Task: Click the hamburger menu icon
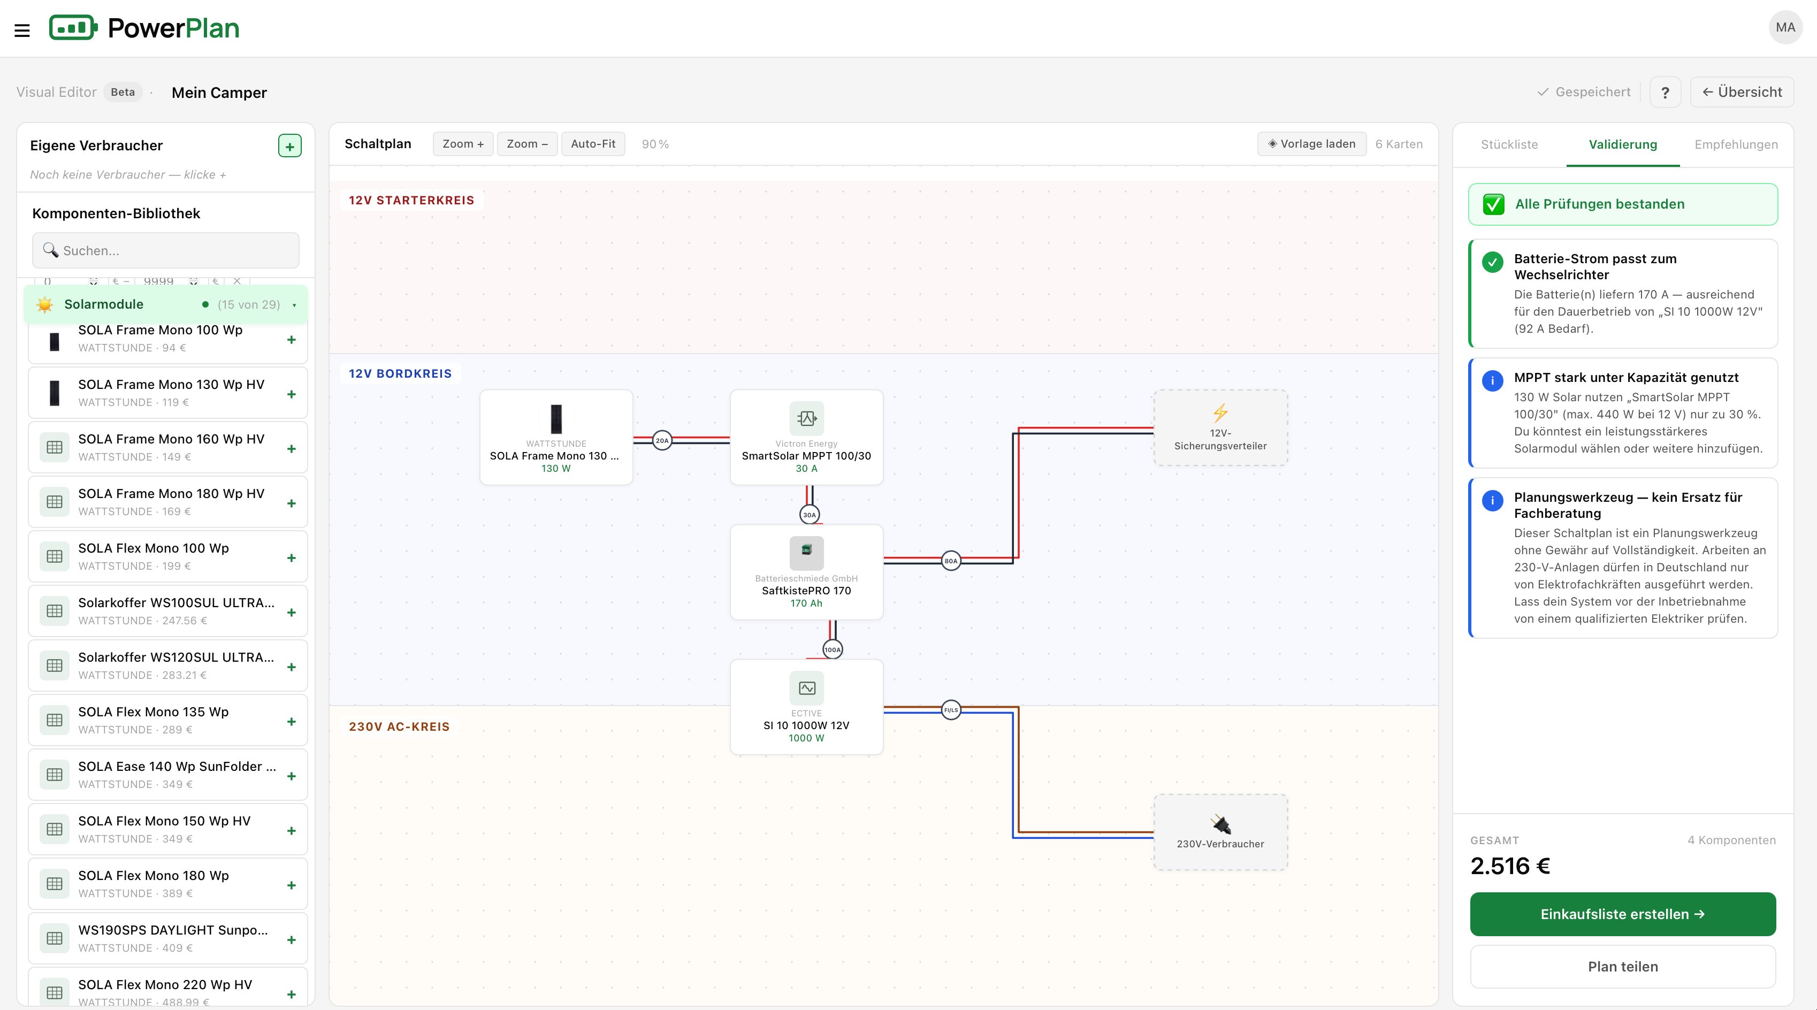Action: pos(22,30)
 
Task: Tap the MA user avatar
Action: pos(1785,27)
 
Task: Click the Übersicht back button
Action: pos(1742,93)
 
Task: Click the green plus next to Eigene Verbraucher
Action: pos(290,146)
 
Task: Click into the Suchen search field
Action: pos(166,250)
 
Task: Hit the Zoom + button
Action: pos(463,144)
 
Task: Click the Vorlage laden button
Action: pos(1312,144)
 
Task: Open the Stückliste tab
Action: pos(1509,144)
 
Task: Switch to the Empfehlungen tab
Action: pos(1736,144)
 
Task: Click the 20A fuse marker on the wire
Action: pos(662,441)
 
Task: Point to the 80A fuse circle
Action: pos(951,561)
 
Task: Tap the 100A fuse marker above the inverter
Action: pos(833,649)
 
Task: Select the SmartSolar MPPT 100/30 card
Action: pos(806,437)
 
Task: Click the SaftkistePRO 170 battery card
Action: pos(806,572)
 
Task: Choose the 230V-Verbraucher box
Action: pos(1220,832)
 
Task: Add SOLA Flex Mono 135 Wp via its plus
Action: pos(291,722)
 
